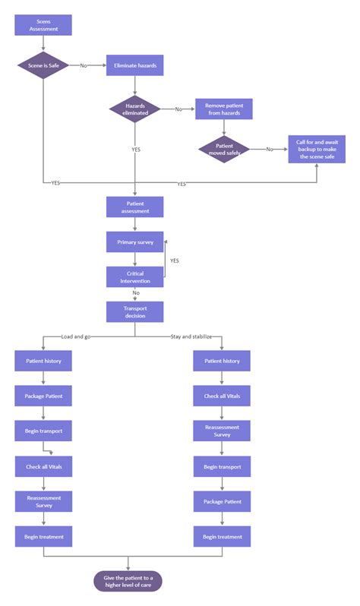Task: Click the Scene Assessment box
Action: point(43,25)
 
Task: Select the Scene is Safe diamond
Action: point(43,65)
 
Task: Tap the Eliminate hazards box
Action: point(135,66)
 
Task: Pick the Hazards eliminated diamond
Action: point(135,109)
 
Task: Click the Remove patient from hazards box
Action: point(224,109)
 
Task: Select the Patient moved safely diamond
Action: point(224,149)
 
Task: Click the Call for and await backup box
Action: point(317,149)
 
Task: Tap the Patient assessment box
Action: point(135,207)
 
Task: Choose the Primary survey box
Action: point(135,242)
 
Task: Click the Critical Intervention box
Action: point(135,276)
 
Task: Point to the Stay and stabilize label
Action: point(191,335)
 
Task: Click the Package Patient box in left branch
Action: point(43,396)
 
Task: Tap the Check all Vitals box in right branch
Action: point(222,396)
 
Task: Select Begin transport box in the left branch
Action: point(43,431)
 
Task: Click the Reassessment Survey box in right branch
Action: point(222,431)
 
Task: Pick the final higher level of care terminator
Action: point(128,582)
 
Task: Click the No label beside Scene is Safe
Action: point(84,66)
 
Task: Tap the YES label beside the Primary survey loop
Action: point(174,260)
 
